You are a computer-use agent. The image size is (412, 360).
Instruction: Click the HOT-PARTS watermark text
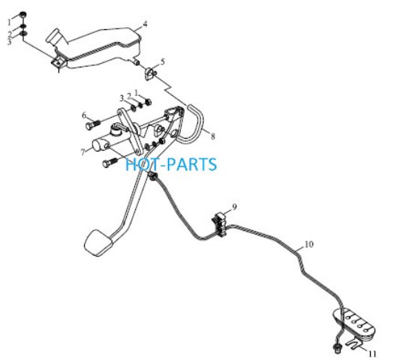tap(171, 164)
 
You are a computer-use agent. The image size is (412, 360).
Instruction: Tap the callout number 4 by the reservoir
tap(145, 25)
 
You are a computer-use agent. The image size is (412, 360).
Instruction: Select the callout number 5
tap(163, 62)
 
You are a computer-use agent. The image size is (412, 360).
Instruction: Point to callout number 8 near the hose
tap(213, 136)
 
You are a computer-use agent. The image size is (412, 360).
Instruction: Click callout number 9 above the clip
tap(234, 207)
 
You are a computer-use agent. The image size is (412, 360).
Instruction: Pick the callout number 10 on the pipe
tap(309, 244)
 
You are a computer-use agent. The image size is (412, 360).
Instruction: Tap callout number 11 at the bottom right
tap(372, 354)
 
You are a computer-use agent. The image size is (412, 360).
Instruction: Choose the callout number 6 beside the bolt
tap(84, 115)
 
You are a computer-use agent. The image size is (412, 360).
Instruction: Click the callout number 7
tap(83, 152)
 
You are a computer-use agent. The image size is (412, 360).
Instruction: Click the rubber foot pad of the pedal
tap(98, 243)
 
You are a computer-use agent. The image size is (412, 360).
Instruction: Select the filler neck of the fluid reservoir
tap(54, 36)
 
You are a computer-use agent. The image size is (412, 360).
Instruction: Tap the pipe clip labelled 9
tap(220, 224)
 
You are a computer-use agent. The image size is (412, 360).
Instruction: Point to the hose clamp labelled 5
tap(151, 73)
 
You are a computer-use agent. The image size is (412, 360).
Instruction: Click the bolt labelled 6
tap(93, 124)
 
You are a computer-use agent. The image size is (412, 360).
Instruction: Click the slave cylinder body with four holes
tap(354, 322)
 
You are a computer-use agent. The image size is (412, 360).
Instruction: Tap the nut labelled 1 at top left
tap(23, 15)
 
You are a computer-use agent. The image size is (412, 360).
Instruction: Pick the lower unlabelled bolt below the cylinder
tap(110, 163)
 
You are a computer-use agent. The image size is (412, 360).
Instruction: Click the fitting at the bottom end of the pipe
tap(336, 348)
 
